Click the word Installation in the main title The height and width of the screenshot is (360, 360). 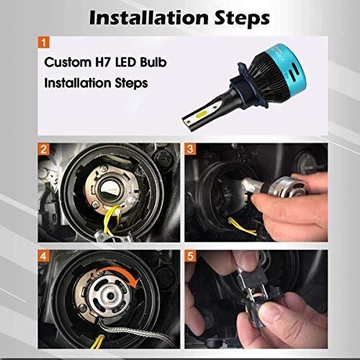pyautogui.click(x=149, y=18)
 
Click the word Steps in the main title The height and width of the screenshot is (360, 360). pyautogui.click(x=242, y=19)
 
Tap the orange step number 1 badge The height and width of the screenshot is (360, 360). pyautogui.click(x=43, y=42)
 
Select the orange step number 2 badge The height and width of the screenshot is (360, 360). pyautogui.click(x=43, y=149)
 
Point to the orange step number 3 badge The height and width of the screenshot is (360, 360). pyautogui.click(x=190, y=149)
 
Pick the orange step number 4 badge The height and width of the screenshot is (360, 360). pyautogui.click(x=43, y=256)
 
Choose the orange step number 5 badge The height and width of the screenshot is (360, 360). pyautogui.click(x=190, y=256)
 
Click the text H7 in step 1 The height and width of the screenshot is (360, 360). pyautogui.click(x=103, y=62)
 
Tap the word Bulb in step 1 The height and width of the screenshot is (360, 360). pyautogui.click(x=153, y=62)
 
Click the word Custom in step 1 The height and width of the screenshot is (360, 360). pyautogui.click(x=68, y=62)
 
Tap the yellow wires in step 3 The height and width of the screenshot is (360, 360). pyautogui.click(x=242, y=227)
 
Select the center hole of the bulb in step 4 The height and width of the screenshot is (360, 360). pyautogui.click(x=111, y=296)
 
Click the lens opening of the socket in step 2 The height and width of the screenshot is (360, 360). pyautogui.click(x=110, y=189)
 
